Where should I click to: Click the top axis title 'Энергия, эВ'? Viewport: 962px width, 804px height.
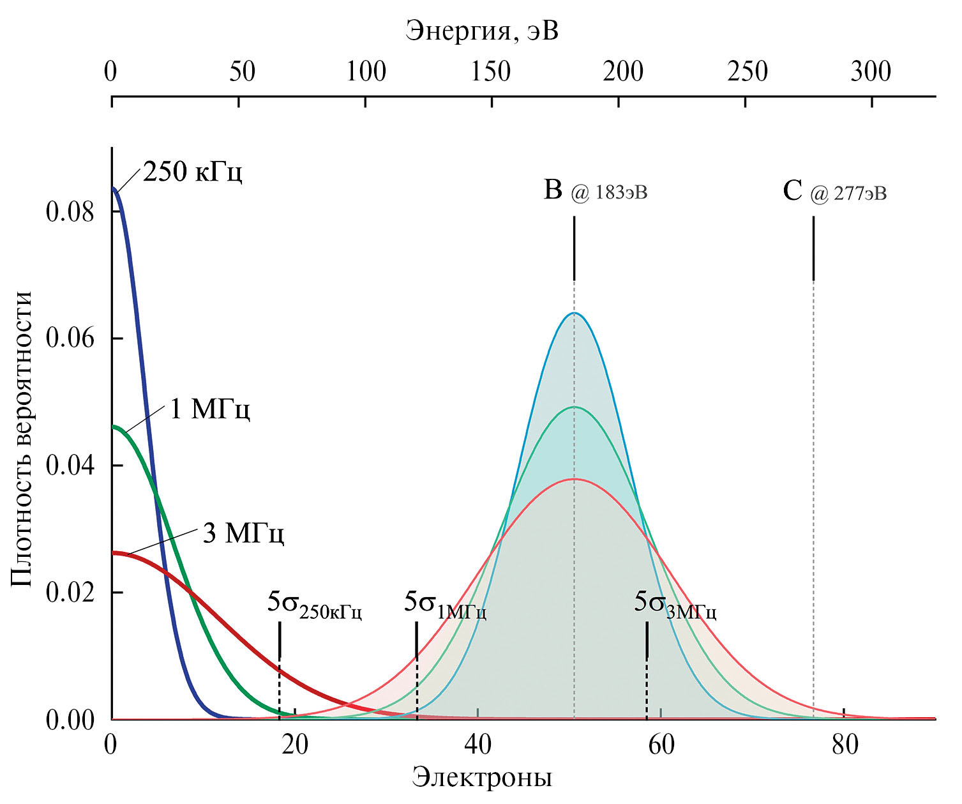[x=482, y=30]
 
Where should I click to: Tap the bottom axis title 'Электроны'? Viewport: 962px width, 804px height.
[x=482, y=778]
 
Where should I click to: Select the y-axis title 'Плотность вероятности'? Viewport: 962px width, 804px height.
[x=22, y=439]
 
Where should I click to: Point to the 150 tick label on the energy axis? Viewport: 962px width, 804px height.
[x=491, y=72]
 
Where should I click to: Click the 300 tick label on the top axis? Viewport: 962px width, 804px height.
[x=871, y=72]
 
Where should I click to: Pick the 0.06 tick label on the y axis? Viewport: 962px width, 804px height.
[x=70, y=338]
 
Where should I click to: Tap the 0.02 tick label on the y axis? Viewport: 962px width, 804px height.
[x=70, y=592]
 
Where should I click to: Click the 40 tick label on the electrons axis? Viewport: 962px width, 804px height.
[x=477, y=744]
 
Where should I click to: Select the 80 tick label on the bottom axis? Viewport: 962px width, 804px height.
[x=845, y=744]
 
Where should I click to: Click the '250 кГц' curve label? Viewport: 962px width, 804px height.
[x=192, y=172]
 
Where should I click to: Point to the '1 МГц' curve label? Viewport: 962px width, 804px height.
[x=209, y=409]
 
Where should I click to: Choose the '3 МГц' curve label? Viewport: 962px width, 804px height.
[x=243, y=533]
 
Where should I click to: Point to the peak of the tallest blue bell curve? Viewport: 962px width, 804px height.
[x=574, y=313]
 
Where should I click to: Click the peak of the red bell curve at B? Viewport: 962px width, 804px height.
[x=574, y=478]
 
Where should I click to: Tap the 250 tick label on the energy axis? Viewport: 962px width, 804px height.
[x=747, y=72]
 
